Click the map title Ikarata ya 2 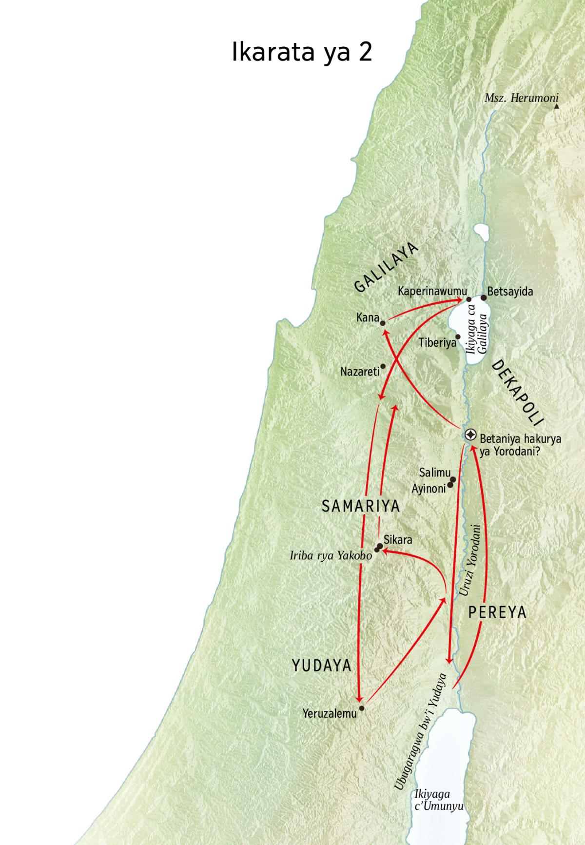pos(302,53)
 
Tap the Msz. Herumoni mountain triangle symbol pos(556,105)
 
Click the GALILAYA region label pos(387,268)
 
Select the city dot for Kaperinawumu pos(469,299)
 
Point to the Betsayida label pos(510,292)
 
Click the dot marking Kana pos(383,322)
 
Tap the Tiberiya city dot pos(458,336)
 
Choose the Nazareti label pos(360,372)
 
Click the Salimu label pos(434,472)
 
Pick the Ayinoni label pos(429,488)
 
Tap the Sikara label pos(398,540)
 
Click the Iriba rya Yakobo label pos(331,555)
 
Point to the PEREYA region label pos(497,612)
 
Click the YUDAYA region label pos(322,666)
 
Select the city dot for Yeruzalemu pos(361,707)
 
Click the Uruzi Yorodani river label pos(471,561)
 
